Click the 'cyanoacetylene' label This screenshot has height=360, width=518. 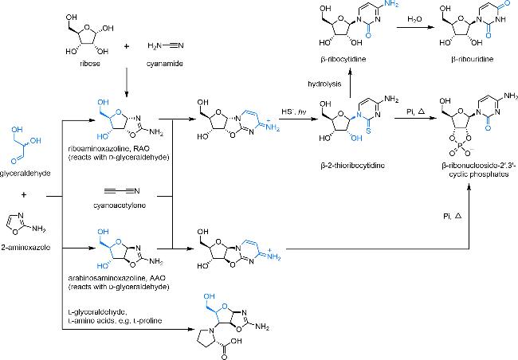tap(130, 203)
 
